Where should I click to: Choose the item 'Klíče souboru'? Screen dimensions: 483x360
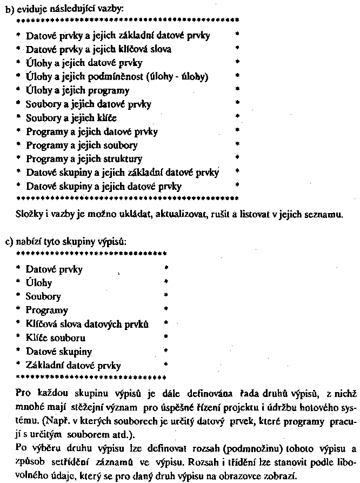point(55,338)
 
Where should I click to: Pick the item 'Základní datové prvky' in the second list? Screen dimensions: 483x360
point(74,365)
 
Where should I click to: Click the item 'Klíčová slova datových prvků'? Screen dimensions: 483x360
point(87,324)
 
